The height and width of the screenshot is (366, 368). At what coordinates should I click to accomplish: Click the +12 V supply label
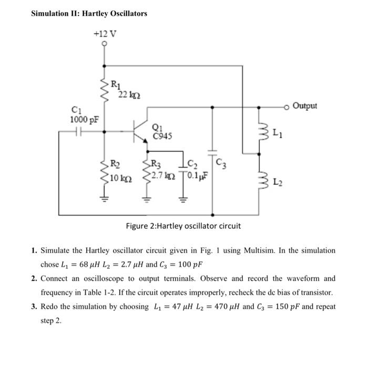pos(105,34)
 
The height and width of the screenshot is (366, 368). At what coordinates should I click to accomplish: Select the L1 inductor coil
pos(259,130)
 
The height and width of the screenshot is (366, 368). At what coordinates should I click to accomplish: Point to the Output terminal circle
pos(287,107)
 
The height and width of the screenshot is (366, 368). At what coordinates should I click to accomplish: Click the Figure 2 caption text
pos(183,226)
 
